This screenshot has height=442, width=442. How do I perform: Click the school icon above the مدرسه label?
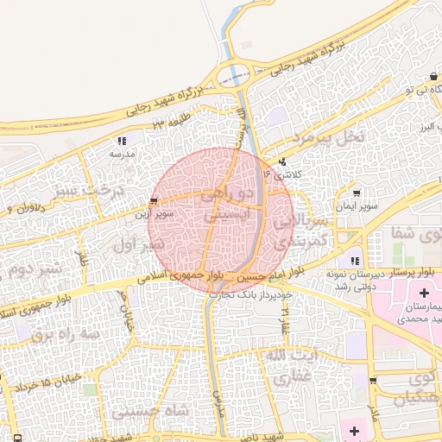coord(122,140)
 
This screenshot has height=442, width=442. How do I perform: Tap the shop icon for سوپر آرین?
coord(154,201)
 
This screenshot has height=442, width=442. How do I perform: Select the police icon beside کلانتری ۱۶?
coord(282,161)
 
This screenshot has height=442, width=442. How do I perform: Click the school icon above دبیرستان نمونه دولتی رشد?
coord(354,261)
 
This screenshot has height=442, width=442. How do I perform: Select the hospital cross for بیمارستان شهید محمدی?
coord(423,294)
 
